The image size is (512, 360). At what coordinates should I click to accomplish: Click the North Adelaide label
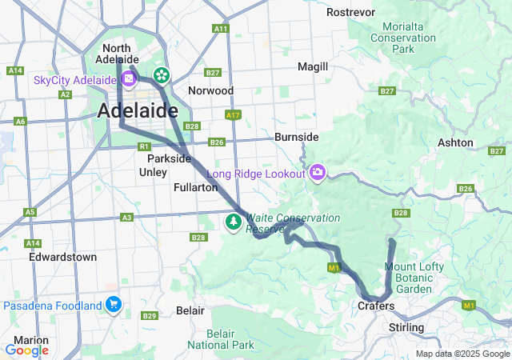117,54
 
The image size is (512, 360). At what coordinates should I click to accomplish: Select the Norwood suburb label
210,90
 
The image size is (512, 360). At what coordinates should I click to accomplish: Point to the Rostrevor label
352,12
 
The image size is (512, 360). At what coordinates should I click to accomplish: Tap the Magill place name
312,66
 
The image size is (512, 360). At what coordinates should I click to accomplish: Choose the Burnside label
296,137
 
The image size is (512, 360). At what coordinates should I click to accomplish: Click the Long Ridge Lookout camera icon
318,173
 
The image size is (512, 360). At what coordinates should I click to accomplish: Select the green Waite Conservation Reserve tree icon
234,222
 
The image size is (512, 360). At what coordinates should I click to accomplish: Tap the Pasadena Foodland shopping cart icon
114,305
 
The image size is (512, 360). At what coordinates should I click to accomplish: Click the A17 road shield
233,115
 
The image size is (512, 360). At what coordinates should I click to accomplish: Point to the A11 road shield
222,29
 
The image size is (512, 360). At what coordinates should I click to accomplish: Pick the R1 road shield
144,147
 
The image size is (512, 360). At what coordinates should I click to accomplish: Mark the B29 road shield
150,316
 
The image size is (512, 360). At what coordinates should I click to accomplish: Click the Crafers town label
375,306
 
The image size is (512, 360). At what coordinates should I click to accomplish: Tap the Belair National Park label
221,338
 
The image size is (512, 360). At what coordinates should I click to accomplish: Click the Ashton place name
455,142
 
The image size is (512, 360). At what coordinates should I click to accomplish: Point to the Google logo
26,350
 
